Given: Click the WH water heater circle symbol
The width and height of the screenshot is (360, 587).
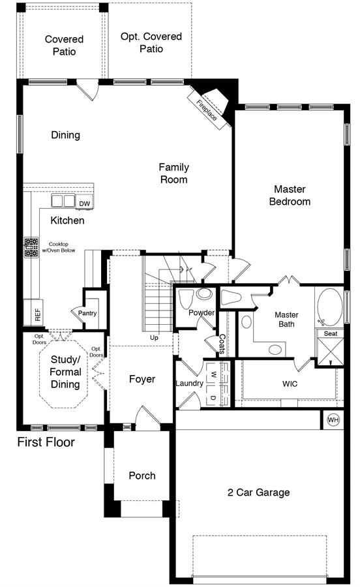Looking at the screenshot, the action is tap(333, 419).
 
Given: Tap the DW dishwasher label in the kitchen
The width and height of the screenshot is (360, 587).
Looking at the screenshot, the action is tap(85, 203).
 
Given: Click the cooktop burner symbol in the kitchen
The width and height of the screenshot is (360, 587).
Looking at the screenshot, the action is tap(31, 247).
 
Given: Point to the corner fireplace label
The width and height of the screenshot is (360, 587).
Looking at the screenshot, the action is tap(207, 110).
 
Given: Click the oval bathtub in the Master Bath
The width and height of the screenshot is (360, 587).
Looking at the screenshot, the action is tap(330, 307).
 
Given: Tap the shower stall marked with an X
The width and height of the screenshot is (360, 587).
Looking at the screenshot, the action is tap(330, 351).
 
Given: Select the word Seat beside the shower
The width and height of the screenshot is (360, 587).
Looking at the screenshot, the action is tap(331, 333).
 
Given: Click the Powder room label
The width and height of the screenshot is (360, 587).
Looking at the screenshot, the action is tap(202, 312).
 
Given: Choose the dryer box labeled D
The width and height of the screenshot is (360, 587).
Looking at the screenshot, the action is tap(213, 398).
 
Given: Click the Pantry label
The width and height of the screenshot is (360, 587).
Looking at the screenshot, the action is tap(87, 313).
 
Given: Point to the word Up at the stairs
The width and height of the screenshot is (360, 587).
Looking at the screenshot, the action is tap(154, 338).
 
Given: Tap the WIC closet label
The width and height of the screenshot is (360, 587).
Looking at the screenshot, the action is tap(290, 384).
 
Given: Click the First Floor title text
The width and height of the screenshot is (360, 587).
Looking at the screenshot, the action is tap(46, 442).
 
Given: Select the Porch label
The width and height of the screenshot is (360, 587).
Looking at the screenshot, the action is tap(142, 475).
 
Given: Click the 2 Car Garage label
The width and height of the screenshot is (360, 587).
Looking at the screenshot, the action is tap(258, 492).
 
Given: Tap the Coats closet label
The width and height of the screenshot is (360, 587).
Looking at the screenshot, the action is tap(222, 344).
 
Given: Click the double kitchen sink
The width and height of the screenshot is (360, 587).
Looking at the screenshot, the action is tap(63, 201).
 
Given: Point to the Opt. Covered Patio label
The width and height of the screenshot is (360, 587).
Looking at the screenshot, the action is tap(151, 42).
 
